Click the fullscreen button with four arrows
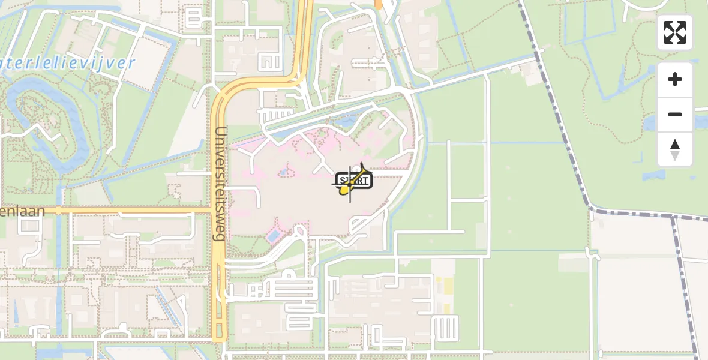[x=675, y=32]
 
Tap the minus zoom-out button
[x=675, y=114]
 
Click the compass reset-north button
[x=675, y=149]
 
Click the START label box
[x=355, y=180]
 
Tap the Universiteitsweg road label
[x=220, y=184]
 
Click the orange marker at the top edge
[x=378, y=4]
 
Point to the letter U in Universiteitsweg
[x=220, y=133]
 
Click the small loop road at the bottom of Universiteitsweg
[x=220, y=331]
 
